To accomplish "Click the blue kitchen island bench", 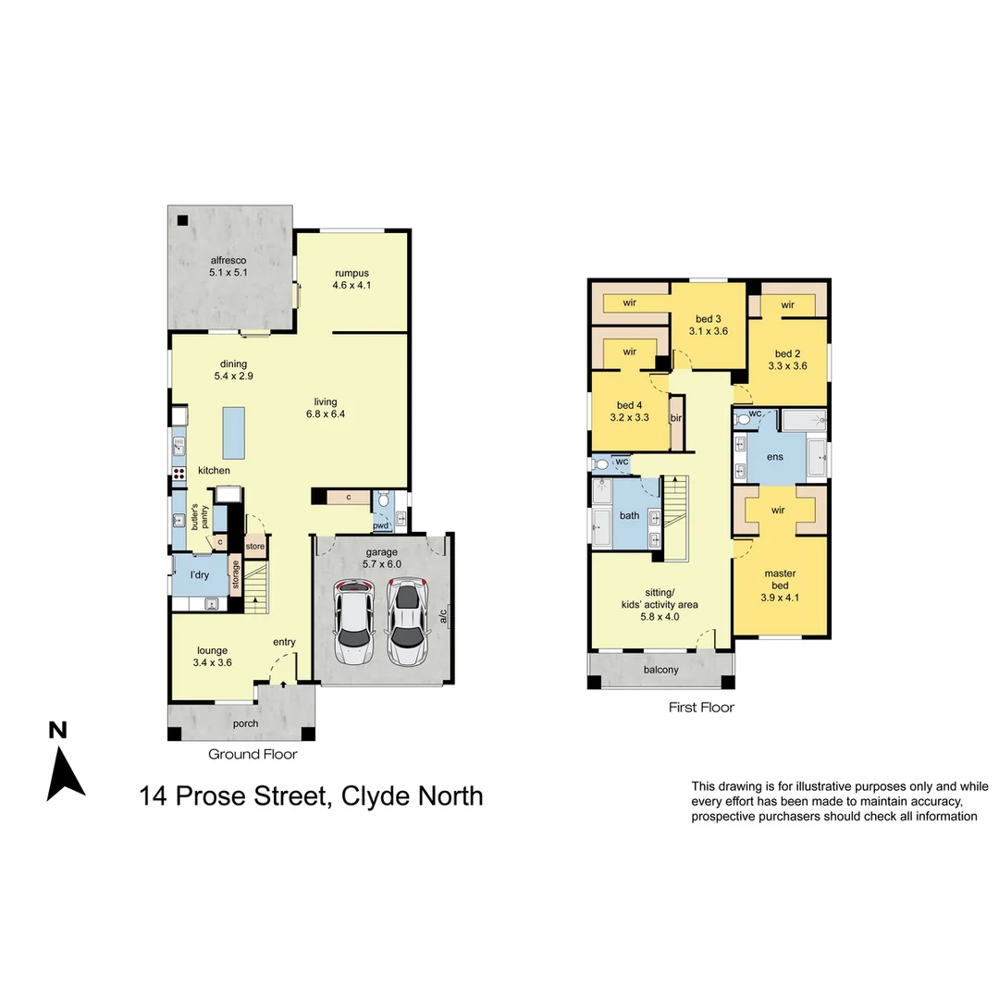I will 234,433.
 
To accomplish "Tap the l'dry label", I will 200,575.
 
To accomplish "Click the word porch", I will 245,723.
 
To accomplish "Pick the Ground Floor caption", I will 253,754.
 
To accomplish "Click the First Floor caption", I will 701,708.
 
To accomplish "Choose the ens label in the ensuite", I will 774,457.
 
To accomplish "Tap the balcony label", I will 660,670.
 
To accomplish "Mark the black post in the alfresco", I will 183,220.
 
